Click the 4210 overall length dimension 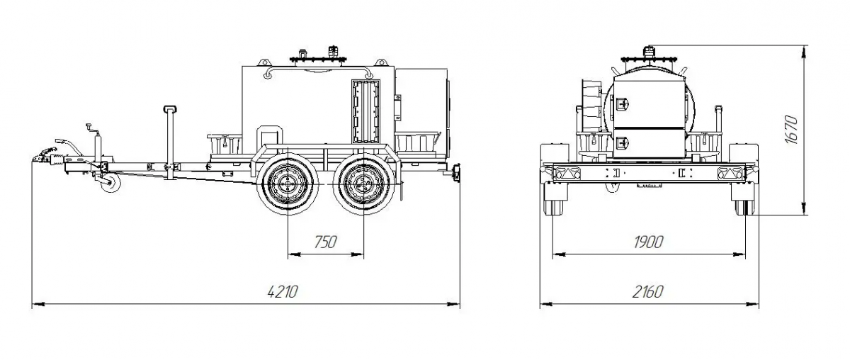tap(283, 292)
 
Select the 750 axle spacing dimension tap(326, 242)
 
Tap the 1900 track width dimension tap(648, 242)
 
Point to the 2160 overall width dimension tap(647, 292)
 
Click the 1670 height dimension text tap(792, 130)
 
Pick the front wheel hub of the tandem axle tap(288, 184)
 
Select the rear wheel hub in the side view tap(363, 184)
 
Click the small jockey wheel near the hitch tap(110, 183)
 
